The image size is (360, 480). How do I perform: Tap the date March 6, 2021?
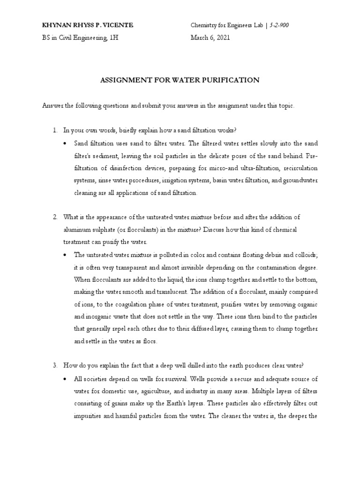click(210, 38)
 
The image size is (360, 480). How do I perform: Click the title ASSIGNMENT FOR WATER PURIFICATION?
click(180, 80)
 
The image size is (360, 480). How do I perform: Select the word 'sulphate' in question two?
click(102, 230)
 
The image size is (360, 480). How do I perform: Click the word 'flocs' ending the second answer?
click(148, 342)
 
